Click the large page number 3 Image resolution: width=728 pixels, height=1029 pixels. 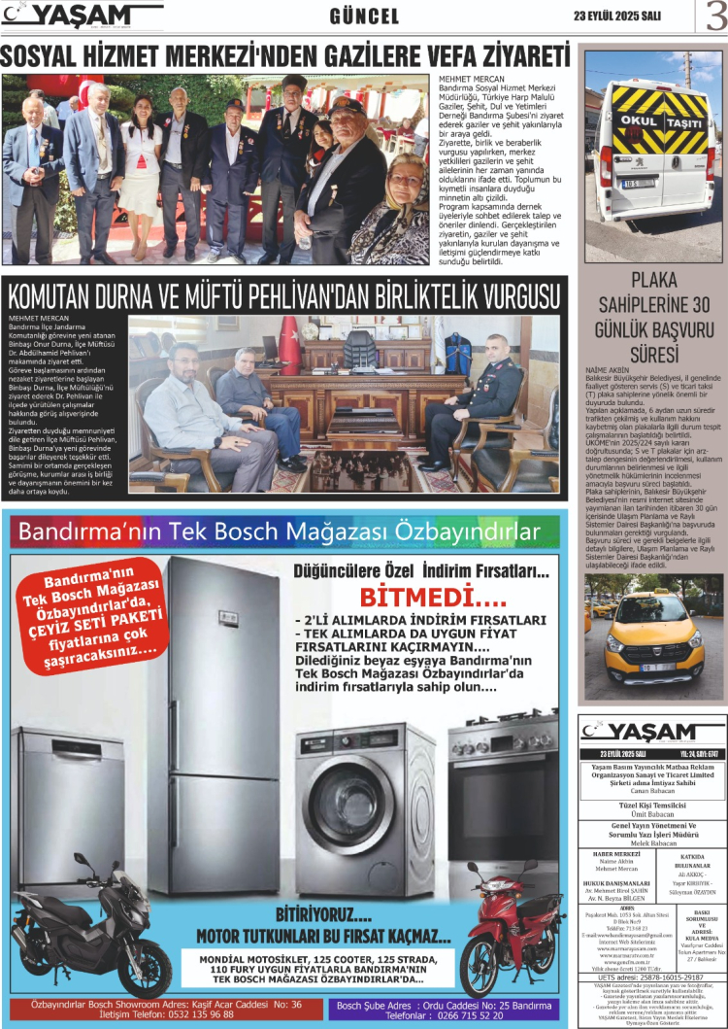[713, 17]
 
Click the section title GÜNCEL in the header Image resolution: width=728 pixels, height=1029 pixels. [364, 17]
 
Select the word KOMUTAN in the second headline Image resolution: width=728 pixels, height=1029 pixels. [69, 295]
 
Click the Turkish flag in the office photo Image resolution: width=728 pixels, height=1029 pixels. [289, 346]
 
